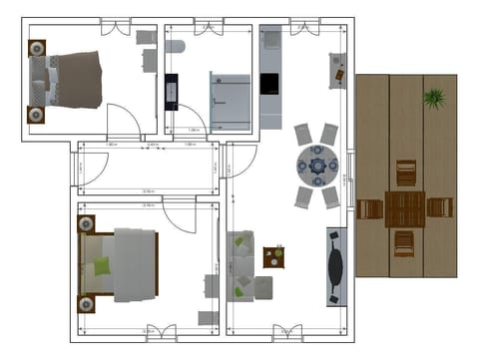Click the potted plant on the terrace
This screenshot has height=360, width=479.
(433, 98)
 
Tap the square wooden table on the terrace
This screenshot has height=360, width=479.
(406, 208)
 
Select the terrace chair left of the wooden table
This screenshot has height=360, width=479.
(371, 208)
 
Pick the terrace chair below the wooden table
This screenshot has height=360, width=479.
(404, 242)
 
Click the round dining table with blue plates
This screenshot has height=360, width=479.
(317, 165)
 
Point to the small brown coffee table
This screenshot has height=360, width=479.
(273, 256)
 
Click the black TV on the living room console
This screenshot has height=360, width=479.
(336, 265)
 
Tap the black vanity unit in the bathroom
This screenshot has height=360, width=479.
(172, 91)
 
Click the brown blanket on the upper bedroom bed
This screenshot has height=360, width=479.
(78, 80)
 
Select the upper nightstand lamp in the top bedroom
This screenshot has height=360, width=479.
(37, 48)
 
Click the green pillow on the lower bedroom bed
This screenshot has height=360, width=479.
(102, 265)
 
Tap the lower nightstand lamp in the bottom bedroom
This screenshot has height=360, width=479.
(87, 302)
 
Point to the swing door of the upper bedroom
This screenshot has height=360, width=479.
(124, 122)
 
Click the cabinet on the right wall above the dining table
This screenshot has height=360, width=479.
(337, 70)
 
